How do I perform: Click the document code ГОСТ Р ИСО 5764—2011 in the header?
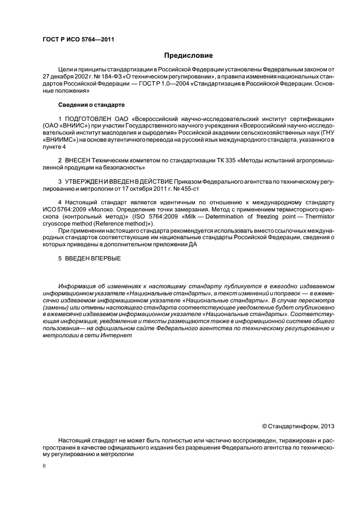pyautogui.click(x=78, y=40)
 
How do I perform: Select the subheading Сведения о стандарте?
pyautogui.click(x=91, y=104)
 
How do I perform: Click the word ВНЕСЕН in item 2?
pyautogui.click(x=81, y=161)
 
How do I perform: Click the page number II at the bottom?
pyautogui.click(x=44, y=466)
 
